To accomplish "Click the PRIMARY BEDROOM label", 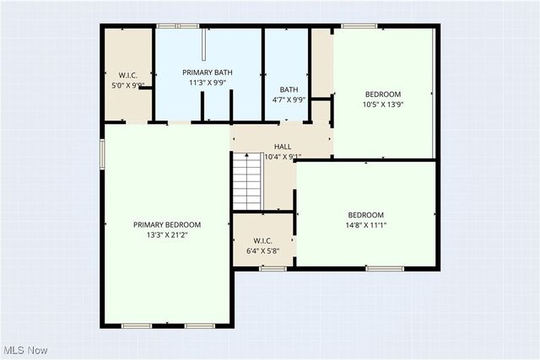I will [x=167, y=224].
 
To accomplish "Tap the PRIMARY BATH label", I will [x=207, y=73].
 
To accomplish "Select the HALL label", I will [x=282, y=147].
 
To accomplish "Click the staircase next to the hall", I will [x=249, y=181].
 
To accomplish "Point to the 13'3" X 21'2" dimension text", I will [x=167, y=236].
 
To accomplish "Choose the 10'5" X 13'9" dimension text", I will [x=382, y=105].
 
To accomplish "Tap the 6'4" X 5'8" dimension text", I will [x=262, y=251].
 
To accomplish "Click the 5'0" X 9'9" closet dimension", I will [x=128, y=85].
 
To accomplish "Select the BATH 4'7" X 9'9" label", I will [x=289, y=94].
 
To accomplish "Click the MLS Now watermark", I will [x=24, y=350].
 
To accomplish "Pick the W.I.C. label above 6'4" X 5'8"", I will [x=262, y=240].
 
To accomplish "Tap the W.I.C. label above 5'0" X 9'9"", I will [x=128, y=73].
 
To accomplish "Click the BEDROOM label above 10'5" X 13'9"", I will [x=382, y=94].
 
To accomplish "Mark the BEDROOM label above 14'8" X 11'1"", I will [x=365, y=214].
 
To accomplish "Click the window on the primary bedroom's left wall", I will [x=103, y=154].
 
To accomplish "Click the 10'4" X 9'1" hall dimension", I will [x=283, y=157].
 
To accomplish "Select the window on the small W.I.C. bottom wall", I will [x=273, y=269].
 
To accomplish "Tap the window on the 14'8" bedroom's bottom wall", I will [x=384, y=269].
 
